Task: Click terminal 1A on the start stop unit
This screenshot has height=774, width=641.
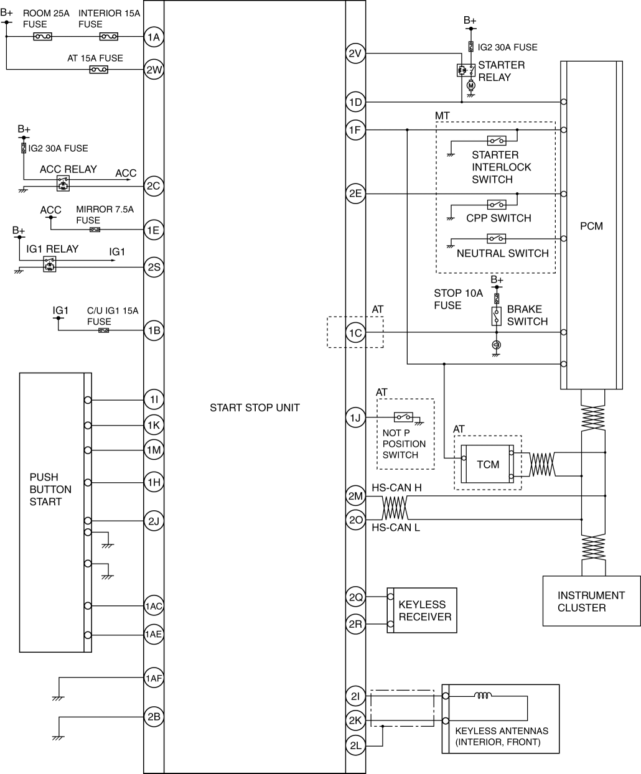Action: pyautogui.click(x=154, y=37)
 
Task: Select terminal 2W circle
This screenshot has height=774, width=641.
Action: pyautogui.click(x=154, y=69)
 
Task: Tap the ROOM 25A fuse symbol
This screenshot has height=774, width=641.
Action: pyautogui.click(x=43, y=36)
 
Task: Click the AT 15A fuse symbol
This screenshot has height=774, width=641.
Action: pyautogui.click(x=98, y=69)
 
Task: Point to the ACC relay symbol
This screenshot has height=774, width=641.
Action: pyautogui.click(x=63, y=183)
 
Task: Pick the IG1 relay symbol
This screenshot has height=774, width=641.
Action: pyautogui.click(x=49, y=264)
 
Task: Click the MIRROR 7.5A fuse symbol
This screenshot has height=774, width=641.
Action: pyautogui.click(x=95, y=230)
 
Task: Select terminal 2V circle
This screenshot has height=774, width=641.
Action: pyautogui.click(x=355, y=54)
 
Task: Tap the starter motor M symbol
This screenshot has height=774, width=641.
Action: pyautogui.click(x=471, y=86)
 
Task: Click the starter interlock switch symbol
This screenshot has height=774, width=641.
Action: pyautogui.click(x=497, y=141)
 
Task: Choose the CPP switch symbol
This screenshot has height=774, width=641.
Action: pyautogui.click(x=497, y=204)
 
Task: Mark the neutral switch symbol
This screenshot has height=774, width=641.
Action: pyautogui.click(x=497, y=238)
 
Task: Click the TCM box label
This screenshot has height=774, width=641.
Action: pyautogui.click(x=488, y=465)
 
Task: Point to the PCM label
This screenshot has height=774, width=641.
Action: pyautogui.click(x=591, y=226)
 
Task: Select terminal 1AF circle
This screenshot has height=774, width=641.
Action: pyautogui.click(x=154, y=678)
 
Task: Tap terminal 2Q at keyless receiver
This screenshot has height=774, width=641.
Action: pyautogui.click(x=355, y=597)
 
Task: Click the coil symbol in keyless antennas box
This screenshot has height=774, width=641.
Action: pyautogui.click(x=483, y=696)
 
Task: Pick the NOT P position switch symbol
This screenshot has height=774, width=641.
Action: pyautogui.click(x=403, y=417)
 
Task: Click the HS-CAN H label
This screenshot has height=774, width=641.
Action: pyautogui.click(x=396, y=487)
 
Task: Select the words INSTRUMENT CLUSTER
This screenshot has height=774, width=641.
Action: pyautogui.click(x=591, y=601)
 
